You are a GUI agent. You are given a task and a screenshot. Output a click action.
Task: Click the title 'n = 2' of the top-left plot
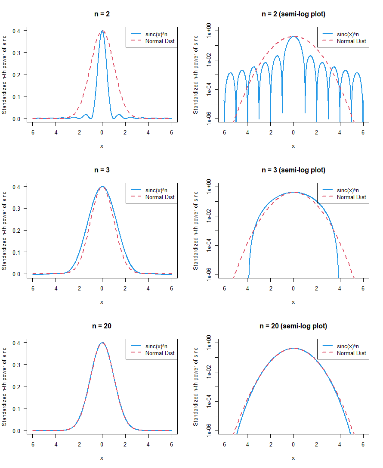[x=102, y=14]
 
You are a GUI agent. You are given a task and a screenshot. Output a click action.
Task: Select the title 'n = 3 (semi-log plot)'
[x=293, y=170]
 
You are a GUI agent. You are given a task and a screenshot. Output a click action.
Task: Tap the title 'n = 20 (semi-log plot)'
[x=293, y=326]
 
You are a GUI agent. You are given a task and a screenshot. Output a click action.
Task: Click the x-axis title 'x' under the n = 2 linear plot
[x=102, y=146]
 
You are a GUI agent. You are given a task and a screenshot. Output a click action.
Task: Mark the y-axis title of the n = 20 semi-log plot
[x=196, y=386]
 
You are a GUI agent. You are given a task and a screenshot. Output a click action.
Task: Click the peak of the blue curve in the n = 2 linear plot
[x=102, y=31]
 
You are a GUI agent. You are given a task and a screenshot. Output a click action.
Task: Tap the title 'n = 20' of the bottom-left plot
[x=102, y=326]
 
